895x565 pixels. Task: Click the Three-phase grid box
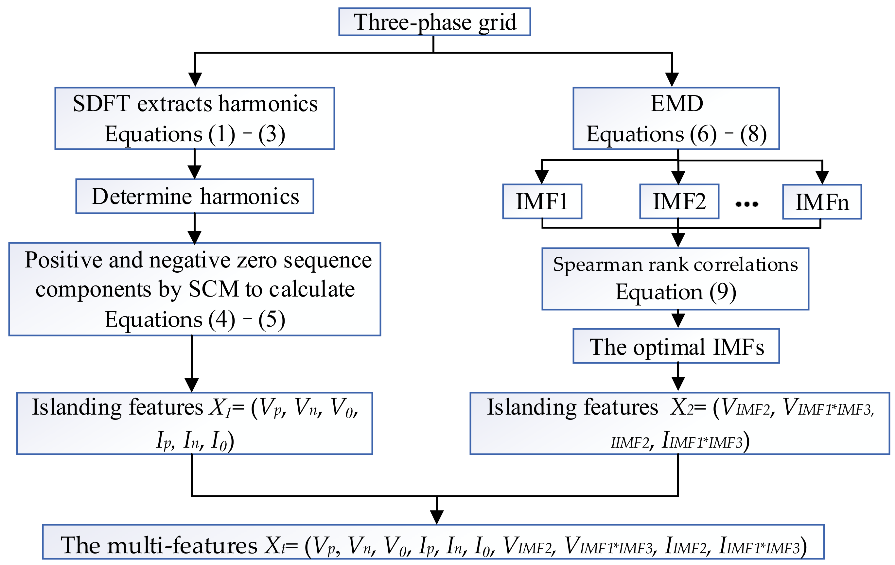[x=434, y=22]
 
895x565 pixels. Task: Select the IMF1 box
[x=542, y=202]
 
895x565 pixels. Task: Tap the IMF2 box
[x=679, y=202]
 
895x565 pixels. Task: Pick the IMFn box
[x=822, y=202]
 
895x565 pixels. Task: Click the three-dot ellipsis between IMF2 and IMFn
[x=747, y=204]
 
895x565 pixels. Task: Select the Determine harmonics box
[x=195, y=197]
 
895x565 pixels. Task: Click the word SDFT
[x=101, y=104]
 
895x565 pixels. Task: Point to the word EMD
[x=676, y=104]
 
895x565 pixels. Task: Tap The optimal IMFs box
[x=676, y=347]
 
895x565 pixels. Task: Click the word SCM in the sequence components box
[x=214, y=289]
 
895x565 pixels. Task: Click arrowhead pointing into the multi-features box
[x=436, y=517]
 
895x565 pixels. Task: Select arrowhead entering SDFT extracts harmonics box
[x=195, y=79]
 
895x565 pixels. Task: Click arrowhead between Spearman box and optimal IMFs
[x=678, y=320]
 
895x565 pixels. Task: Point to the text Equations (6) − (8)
[x=676, y=134]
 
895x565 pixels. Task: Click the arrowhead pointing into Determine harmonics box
[x=194, y=172]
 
